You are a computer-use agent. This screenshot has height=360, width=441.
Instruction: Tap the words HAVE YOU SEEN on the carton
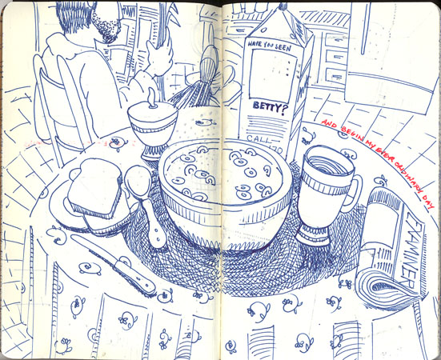coord(268,46)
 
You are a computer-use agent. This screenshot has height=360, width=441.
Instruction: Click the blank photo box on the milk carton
coord(268,75)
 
